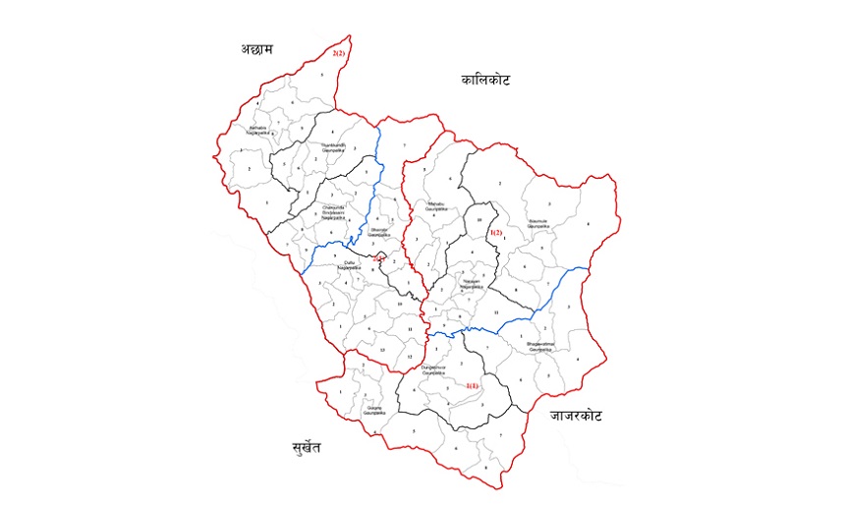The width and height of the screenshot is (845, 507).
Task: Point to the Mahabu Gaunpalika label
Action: point(436,205)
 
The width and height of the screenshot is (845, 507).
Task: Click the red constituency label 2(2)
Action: point(338,53)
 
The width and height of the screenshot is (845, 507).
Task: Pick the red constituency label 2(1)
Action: point(379,258)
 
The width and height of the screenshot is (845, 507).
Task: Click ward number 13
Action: point(380,349)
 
